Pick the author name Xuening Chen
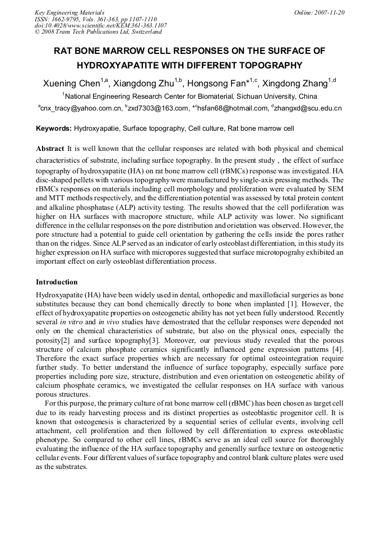tap(71, 84)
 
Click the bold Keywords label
tap(54, 128)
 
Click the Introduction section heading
tap(57, 282)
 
